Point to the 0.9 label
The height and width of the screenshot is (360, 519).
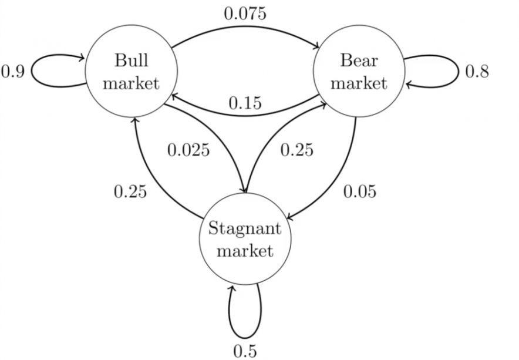tap(13, 72)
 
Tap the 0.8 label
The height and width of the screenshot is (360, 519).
tap(477, 72)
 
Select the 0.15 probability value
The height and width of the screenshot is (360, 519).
tap(245, 103)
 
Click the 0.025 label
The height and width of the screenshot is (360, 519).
tap(188, 150)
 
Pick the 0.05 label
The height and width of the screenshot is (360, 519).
tap(359, 191)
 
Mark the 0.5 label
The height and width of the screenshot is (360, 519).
tap(245, 351)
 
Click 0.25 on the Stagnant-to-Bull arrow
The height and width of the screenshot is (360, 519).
tap(130, 191)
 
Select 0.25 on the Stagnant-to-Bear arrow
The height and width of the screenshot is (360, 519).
tap(296, 150)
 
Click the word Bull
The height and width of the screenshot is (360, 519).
tap(132, 60)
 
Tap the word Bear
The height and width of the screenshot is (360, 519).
tap(359, 60)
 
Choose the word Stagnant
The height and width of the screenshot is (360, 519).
tap(245, 229)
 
